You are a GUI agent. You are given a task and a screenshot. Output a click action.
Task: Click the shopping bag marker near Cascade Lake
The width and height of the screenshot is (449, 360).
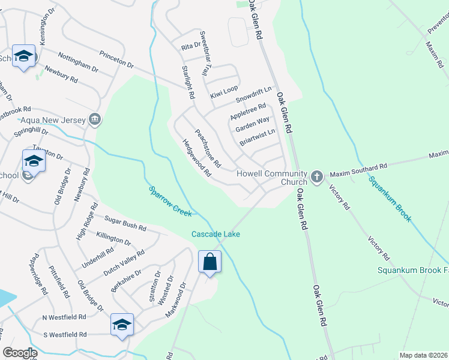209,262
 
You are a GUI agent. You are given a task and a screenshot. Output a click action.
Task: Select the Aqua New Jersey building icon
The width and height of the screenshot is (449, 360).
94,119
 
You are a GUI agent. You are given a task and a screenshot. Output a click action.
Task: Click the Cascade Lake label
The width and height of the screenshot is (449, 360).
215,234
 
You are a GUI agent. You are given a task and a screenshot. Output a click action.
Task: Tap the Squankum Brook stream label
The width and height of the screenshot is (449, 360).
390,199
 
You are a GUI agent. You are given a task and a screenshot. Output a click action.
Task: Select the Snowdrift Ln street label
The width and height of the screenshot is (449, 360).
253,94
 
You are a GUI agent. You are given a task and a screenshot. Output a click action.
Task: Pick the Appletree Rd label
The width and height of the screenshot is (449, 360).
248,112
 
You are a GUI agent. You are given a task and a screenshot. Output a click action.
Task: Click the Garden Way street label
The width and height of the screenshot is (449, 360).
252,125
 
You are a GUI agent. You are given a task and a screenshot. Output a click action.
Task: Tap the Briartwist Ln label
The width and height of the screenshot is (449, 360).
257,138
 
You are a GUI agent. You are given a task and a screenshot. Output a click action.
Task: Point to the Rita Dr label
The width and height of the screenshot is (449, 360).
190,46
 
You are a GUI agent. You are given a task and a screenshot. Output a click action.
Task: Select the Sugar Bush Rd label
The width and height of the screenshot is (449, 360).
125,224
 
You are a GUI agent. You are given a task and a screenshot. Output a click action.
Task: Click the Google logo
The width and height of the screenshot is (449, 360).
20,353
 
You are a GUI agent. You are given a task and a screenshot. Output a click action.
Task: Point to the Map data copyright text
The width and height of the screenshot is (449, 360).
424,355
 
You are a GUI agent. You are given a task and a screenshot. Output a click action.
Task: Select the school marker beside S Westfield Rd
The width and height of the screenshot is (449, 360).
121,325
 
